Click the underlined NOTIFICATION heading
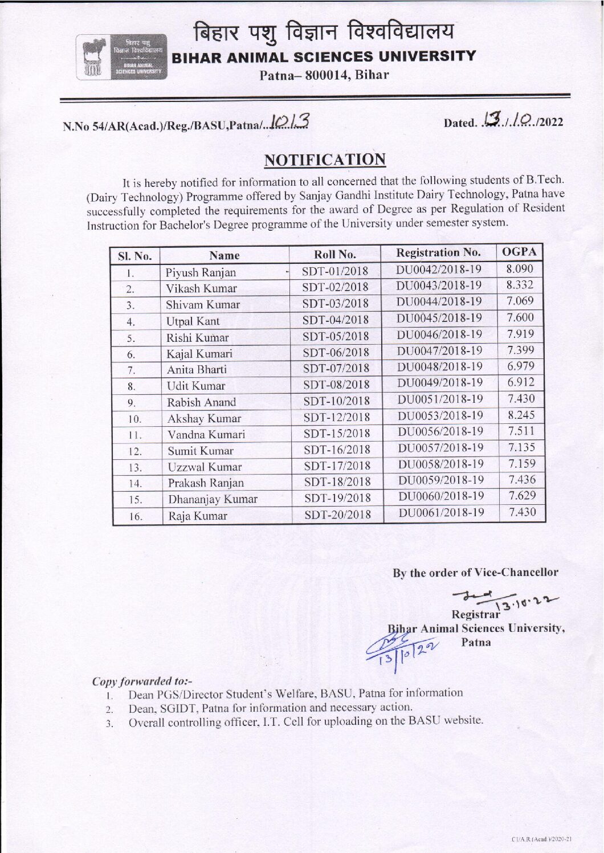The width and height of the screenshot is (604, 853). (x=324, y=160)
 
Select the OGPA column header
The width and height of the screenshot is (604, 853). (x=519, y=252)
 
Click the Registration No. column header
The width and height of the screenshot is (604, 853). (x=438, y=252)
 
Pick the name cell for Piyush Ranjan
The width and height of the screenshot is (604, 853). (x=201, y=272)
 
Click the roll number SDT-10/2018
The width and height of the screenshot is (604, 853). (x=336, y=401)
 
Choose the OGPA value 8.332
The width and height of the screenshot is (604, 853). (x=519, y=285)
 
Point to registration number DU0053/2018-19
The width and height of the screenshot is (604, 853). (x=440, y=415)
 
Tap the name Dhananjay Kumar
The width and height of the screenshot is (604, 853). (x=212, y=500)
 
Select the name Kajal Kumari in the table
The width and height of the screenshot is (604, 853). (x=199, y=354)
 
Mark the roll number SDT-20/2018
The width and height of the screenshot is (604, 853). (x=337, y=515)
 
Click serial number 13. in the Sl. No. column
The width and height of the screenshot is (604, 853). (x=135, y=468)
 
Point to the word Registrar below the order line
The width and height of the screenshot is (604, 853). (x=475, y=614)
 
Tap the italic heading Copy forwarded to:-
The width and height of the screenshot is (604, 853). (x=142, y=681)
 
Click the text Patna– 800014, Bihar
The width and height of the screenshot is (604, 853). (x=324, y=75)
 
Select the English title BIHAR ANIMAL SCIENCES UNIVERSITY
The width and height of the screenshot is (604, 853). (x=324, y=56)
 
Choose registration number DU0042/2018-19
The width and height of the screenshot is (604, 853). (x=438, y=269)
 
